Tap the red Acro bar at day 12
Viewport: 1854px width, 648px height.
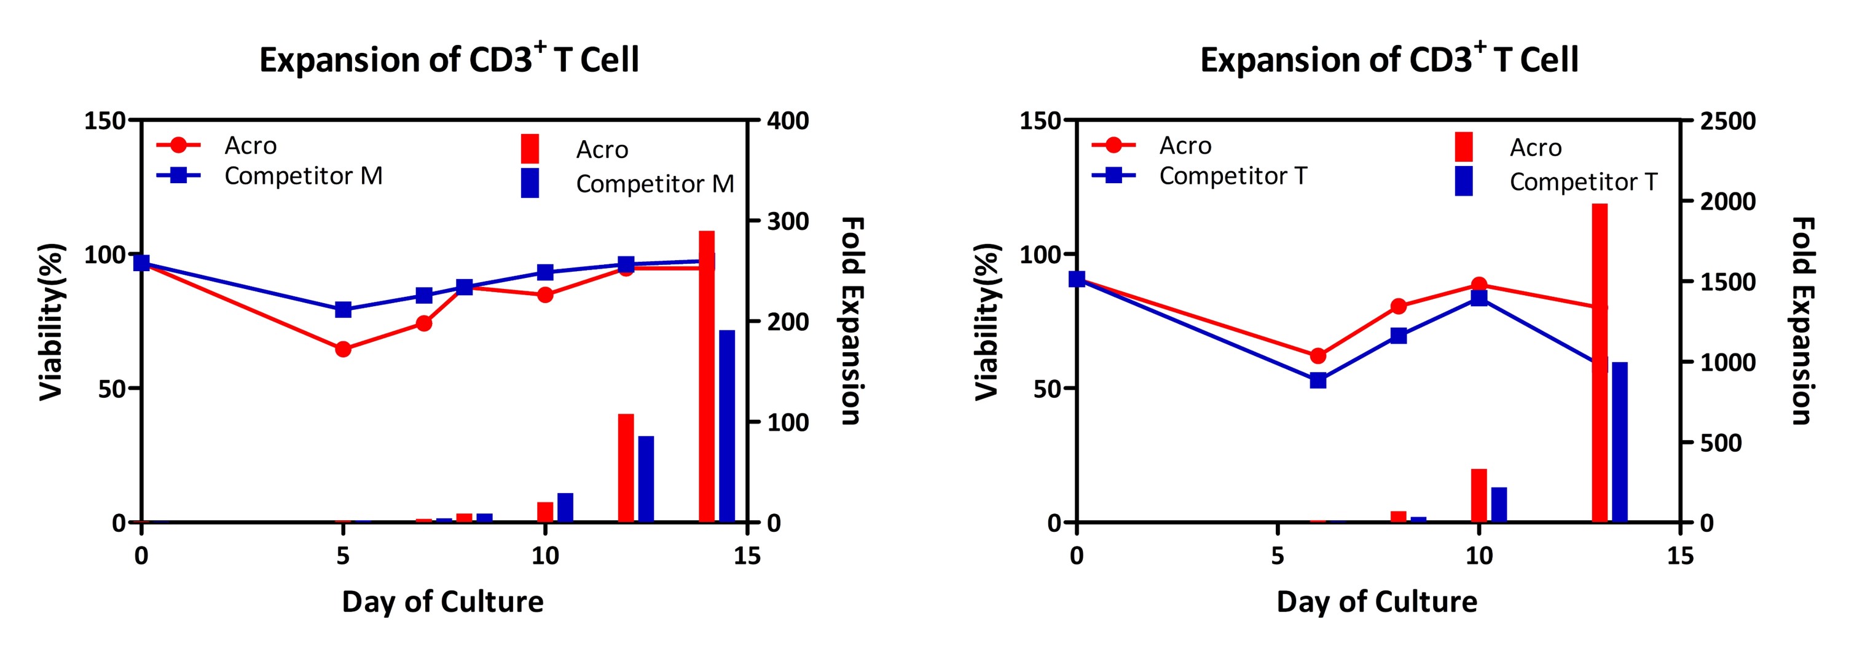626,468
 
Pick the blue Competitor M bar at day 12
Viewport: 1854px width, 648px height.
646,479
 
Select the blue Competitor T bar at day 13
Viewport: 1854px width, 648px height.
1619,442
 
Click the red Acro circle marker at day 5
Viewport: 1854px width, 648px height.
344,349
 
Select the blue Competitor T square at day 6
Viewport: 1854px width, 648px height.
1318,380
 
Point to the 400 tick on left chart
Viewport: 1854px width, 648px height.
788,121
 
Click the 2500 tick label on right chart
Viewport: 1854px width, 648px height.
1728,121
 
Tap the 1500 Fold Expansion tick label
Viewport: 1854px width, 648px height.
1728,282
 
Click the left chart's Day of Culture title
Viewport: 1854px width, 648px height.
442,601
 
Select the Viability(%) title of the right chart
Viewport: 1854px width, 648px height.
988,321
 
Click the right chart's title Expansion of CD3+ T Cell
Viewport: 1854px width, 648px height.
1389,59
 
